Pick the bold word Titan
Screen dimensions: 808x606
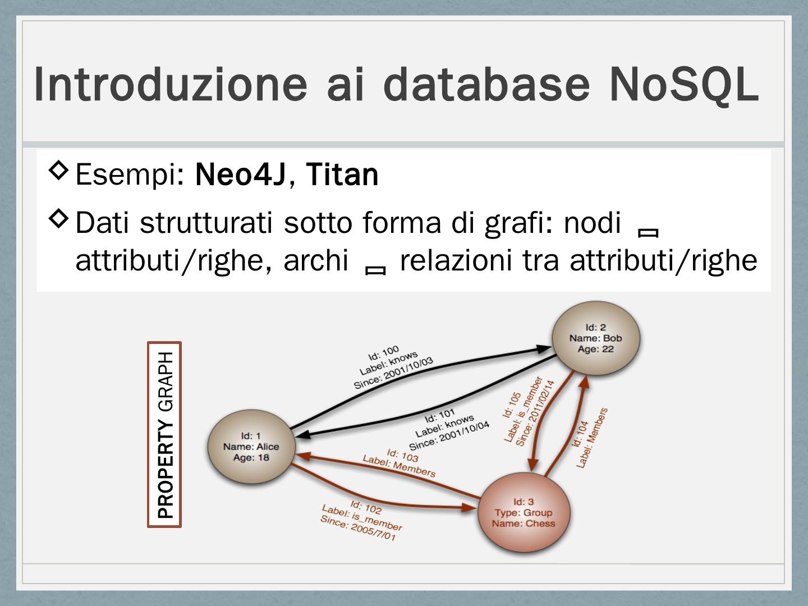pos(342,175)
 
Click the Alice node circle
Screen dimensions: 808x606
pos(251,447)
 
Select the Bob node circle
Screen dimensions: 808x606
pos(595,338)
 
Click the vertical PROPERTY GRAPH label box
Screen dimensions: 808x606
pos(164,434)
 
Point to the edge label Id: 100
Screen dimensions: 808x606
pos(383,353)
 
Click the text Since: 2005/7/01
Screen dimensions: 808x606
pos(357,529)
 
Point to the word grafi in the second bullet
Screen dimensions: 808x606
pos(511,223)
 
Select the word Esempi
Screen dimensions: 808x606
pos(126,175)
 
